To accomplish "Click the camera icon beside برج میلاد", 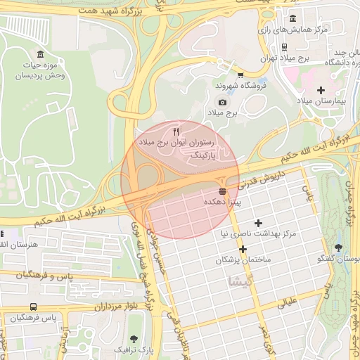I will point(212,103).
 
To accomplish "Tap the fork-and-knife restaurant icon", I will point(176,131).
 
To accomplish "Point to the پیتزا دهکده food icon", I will point(223,191).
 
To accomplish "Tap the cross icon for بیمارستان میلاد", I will point(321,90).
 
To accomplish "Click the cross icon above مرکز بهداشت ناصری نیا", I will point(258,222).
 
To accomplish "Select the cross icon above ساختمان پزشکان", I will point(243,250).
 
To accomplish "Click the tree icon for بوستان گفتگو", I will point(340,247).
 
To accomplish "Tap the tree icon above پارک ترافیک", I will point(132,338).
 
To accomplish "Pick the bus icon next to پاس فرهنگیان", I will point(34,307).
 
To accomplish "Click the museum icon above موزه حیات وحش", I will point(40,54).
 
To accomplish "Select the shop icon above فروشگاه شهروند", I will point(240,75).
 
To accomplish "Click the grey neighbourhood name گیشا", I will point(238,281).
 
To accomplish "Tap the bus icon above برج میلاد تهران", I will point(283,47).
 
